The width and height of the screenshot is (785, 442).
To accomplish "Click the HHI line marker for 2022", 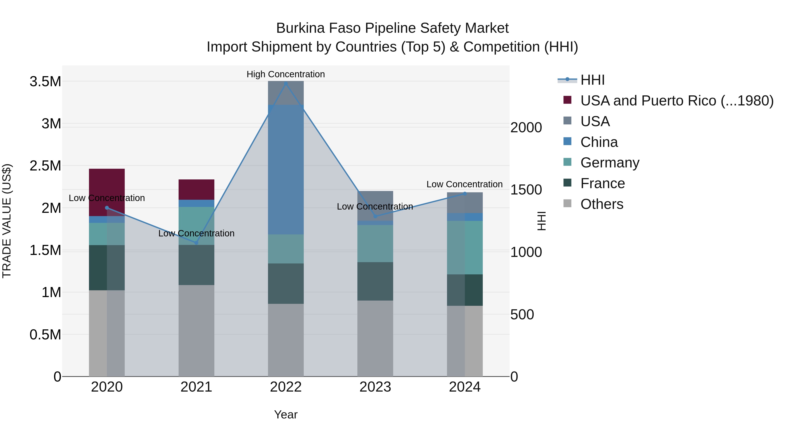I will [285, 83].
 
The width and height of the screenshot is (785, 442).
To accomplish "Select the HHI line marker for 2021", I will [196, 243].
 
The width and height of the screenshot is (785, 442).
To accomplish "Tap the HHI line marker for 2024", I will [465, 194].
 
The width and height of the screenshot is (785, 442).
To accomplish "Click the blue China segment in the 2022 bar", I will [285, 169].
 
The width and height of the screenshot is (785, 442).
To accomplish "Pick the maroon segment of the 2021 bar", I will [196, 189].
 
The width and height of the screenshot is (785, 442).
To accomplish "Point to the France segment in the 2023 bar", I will [375, 281].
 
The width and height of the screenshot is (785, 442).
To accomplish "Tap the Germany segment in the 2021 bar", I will [196, 226].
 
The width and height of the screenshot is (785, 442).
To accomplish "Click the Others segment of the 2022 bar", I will [285, 340].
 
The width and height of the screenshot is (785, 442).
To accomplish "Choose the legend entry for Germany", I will [609, 163].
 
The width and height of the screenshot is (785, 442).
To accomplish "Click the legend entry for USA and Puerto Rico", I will [676, 101].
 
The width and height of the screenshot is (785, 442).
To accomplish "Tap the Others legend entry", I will [602, 204].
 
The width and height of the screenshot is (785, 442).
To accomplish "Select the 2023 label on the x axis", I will [375, 387].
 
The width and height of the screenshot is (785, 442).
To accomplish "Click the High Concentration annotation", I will [285, 74].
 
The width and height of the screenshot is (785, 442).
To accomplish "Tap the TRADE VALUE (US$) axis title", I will [7, 221].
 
